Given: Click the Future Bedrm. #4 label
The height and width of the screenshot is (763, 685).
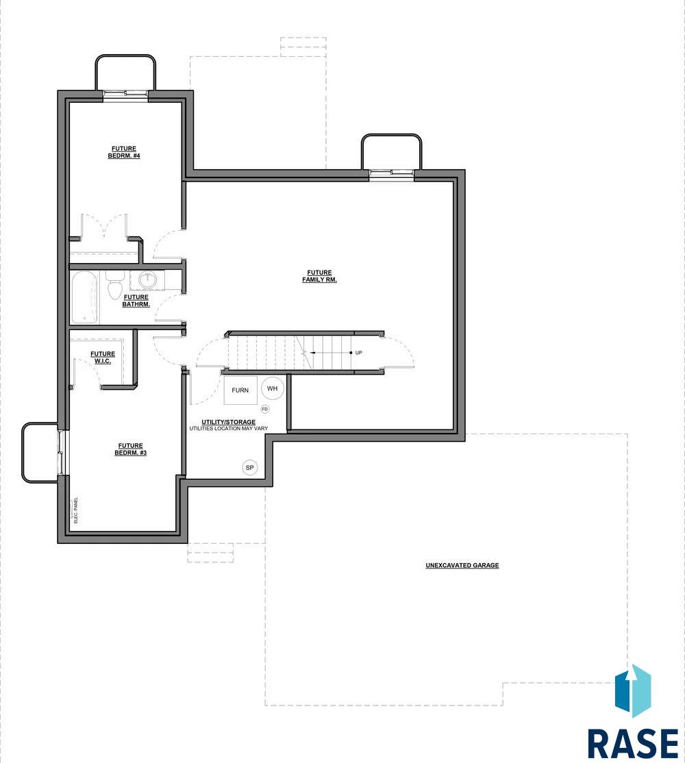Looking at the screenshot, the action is click(x=124, y=152).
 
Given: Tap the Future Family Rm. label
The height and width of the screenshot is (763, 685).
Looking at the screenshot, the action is click(x=320, y=277).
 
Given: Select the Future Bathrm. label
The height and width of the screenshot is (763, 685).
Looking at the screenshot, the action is click(x=136, y=301).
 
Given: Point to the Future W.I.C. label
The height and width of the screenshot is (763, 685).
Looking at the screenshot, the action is click(x=103, y=358).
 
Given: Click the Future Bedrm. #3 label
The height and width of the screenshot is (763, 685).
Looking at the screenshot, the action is click(x=130, y=449).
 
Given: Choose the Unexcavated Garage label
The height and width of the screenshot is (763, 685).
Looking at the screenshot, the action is click(x=462, y=566).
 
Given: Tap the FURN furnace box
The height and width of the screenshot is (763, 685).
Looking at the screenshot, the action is click(x=240, y=390).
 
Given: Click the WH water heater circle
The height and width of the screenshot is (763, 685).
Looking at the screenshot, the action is click(x=273, y=388).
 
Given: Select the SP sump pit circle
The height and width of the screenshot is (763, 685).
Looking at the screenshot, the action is click(x=250, y=468).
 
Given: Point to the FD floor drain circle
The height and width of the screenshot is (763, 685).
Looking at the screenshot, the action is click(x=264, y=409).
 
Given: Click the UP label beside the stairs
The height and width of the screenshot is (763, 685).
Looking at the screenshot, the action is click(x=358, y=353).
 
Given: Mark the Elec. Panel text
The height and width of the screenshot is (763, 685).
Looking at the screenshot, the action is click(x=76, y=510).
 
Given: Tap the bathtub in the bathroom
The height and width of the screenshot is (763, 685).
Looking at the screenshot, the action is click(x=85, y=298).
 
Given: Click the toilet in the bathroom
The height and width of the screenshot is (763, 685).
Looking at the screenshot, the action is click(x=115, y=285).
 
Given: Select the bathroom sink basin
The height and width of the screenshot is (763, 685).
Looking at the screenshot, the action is click(x=147, y=280).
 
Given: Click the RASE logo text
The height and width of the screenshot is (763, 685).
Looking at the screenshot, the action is click(x=633, y=743).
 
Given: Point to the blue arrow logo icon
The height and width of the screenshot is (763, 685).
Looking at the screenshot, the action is click(x=633, y=691).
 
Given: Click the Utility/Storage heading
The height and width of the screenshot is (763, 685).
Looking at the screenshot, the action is click(x=229, y=422).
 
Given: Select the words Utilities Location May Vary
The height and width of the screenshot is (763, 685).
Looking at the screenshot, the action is click(x=229, y=429).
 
